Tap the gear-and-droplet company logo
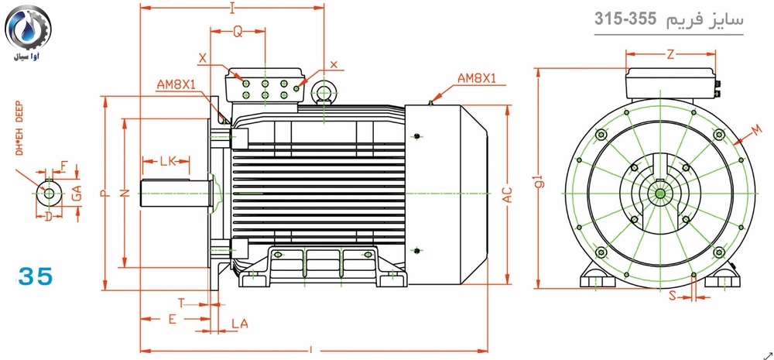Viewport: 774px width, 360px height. point(29,29)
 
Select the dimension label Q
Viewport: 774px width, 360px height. point(238,32)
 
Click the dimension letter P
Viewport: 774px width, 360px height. point(104,194)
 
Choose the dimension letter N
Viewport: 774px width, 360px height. point(125,194)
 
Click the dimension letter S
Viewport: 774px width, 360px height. point(672,296)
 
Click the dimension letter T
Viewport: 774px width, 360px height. point(181,302)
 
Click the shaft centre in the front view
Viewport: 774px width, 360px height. point(660,192)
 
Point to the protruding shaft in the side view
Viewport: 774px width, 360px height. point(174,193)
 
